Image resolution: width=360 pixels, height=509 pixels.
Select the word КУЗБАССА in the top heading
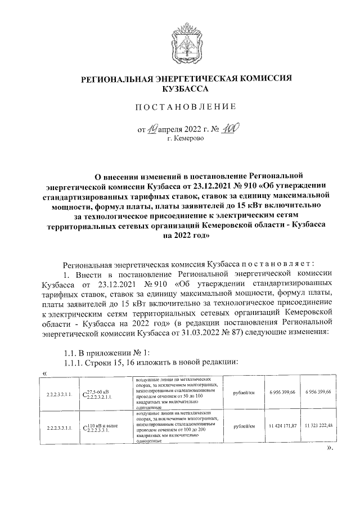pyautogui.click(x=185, y=89)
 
